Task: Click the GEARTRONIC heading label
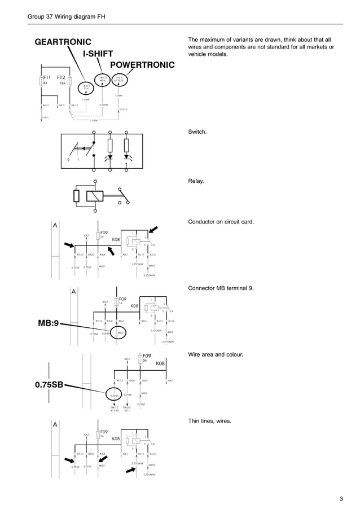click(x=63, y=42)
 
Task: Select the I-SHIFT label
click(x=98, y=54)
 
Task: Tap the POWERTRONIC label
click(x=142, y=64)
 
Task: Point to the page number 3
click(x=341, y=498)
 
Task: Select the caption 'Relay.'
click(x=196, y=182)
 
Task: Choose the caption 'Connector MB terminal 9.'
click(x=221, y=288)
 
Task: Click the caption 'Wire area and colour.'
click(x=215, y=354)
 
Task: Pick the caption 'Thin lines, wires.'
click(x=209, y=421)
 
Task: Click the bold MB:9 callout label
click(x=46, y=324)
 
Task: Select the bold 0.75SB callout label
click(x=50, y=386)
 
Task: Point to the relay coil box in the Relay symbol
click(x=93, y=196)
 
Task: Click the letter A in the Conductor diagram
click(x=55, y=225)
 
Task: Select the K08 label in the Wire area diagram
click(x=160, y=363)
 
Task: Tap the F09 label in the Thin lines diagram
click(x=104, y=431)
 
